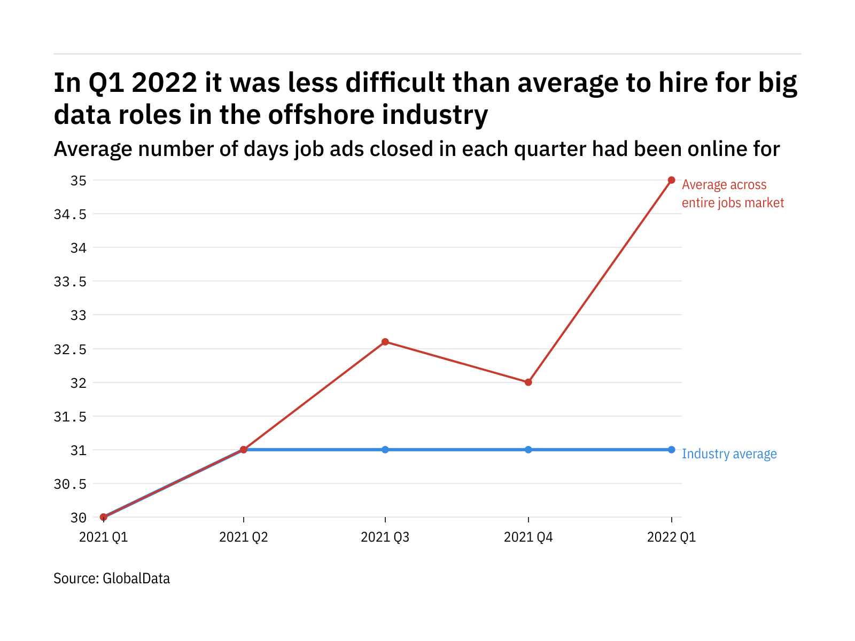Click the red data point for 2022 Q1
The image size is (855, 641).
pyautogui.click(x=671, y=180)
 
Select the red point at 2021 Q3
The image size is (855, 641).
pyautogui.click(x=385, y=342)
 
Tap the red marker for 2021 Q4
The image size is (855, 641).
pyautogui.click(x=528, y=382)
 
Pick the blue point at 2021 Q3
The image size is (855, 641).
pyautogui.click(x=385, y=450)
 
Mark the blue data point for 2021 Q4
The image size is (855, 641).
pyautogui.click(x=528, y=450)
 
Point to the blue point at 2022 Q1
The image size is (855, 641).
pyautogui.click(x=671, y=450)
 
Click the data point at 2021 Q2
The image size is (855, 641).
pyautogui.click(x=244, y=450)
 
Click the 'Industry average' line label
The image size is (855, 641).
pyautogui.click(x=729, y=454)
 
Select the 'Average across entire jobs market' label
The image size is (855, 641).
pyautogui.click(x=733, y=194)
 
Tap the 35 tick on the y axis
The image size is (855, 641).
pyautogui.click(x=79, y=181)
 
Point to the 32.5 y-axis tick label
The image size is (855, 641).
pyautogui.click(x=70, y=349)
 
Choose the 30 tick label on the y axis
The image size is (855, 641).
pyautogui.click(x=79, y=518)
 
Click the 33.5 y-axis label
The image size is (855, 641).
pyautogui.click(x=70, y=282)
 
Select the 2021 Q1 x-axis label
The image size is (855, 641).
pyautogui.click(x=104, y=537)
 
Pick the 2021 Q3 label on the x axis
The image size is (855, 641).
pyautogui.click(x=385, y=537)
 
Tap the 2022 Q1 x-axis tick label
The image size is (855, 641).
pyautogui.click(x=671, y=537)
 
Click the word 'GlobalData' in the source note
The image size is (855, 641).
pyautogui.click(x=136, y=579)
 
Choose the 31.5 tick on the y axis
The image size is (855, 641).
pyautogui.click(x=70, y=417)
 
